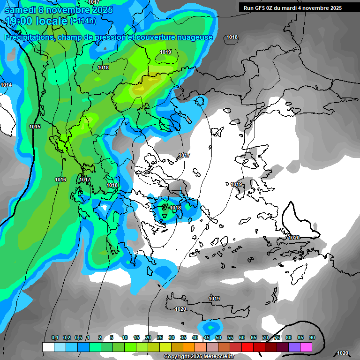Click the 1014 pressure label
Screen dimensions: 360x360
point(6,85)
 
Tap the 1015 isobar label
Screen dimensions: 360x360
point(35,127)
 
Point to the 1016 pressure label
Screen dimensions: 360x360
point(60,180)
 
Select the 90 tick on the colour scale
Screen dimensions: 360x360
point(312,337)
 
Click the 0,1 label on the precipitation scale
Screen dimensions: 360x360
point(55,337)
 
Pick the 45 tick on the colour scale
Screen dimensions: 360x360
point(207,337)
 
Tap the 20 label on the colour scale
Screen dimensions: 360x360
point(148,337)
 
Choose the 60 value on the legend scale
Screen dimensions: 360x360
point(242,337)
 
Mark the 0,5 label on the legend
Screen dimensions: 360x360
point(78,337)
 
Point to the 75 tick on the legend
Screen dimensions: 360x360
point(277,337)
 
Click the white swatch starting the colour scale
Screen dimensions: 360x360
point(48,347)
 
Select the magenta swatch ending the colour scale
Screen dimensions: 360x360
point(306,347)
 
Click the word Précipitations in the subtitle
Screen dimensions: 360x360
point(29,37)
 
